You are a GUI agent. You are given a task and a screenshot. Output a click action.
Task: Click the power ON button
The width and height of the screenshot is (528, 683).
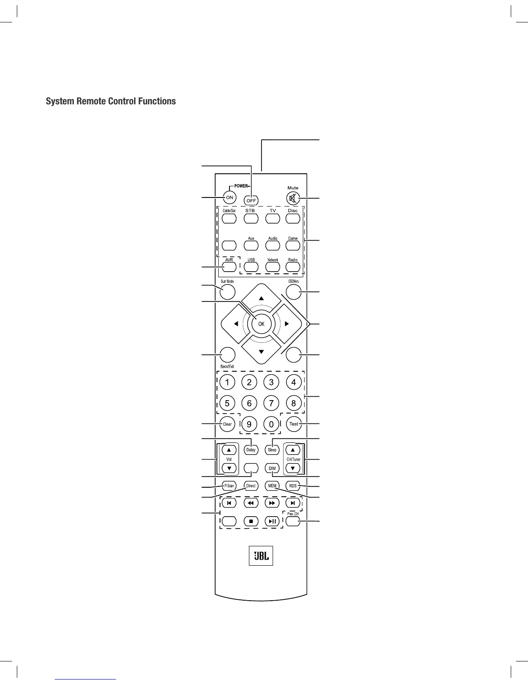pyautogui.click(x=229, y=197)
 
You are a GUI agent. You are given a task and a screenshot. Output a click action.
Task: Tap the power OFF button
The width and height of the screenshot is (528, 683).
pyautogui.click(x=251, y=201)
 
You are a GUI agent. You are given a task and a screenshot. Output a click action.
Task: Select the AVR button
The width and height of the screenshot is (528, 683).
pyautogui.click(x=229, y=266)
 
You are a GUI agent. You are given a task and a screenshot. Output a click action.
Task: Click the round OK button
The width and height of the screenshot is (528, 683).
pyautogui.click(x=261, y=324)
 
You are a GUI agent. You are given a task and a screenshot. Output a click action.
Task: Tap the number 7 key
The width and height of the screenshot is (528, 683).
pyautogui.click(x=271, y=404)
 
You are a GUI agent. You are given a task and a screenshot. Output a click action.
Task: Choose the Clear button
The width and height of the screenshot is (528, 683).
pyautogui.click(x=227, y=424)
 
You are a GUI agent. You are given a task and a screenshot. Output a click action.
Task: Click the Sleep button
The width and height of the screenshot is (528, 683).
pyautogui.click(x=272, y=450)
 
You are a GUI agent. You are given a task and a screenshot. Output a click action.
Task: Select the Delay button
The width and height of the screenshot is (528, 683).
pyautogui.click(x=251, y=450)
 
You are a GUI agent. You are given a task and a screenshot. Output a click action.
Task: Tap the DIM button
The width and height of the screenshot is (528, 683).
pyautogui.click(x=272, y=468)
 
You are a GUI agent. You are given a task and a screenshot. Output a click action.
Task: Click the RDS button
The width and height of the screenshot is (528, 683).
pyautogui.click(x=293, y=486)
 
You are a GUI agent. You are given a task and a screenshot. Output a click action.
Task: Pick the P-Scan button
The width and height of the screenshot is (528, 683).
pyautogui.click(x=229, y=486)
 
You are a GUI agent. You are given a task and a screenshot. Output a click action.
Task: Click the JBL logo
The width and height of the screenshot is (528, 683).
pyautogui.click(x=261, y=556)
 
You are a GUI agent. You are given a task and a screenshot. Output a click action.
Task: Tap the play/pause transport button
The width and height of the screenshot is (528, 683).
pyautogui.click(x=272, y=521)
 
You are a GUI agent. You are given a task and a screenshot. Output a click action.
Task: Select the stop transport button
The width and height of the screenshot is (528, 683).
pyautogui.click(x=251, y=521)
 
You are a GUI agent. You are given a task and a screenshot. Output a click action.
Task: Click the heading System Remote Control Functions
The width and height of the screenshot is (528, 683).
pyautogui.click(x=111, y=101)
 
